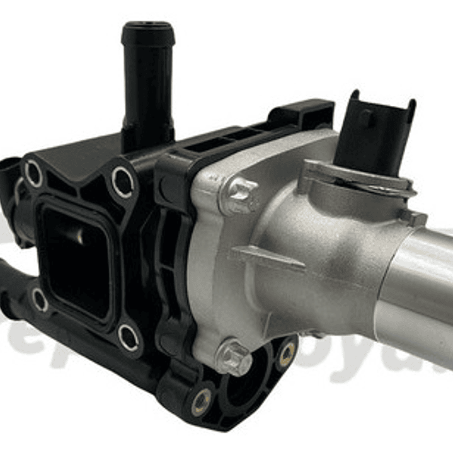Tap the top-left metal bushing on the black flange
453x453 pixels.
[x=33, y=173]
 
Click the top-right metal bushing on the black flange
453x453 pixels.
[x=122, y=182]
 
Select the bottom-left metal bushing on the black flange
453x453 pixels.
[x=40, y=301]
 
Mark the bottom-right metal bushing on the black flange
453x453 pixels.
[x=128, y=337]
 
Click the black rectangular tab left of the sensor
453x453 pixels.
[x=301, y=114]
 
